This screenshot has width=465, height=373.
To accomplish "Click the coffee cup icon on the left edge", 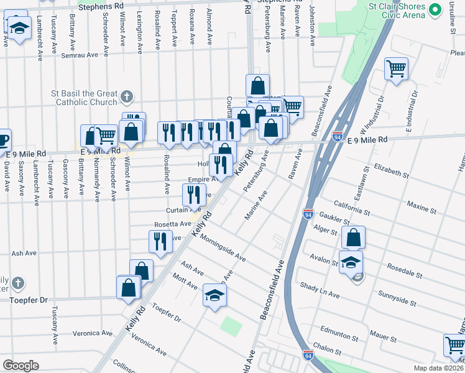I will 3,139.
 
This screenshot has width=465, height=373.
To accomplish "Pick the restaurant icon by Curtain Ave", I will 195,195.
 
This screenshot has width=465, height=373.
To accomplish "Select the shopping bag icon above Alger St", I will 353,237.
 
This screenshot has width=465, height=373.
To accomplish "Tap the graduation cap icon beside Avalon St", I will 351,261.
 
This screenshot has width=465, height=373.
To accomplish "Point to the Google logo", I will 21,366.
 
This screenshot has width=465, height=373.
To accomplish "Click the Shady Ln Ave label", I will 320,289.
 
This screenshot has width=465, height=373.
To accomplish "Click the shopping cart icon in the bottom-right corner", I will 454,344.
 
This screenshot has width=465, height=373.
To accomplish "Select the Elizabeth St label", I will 391,172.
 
